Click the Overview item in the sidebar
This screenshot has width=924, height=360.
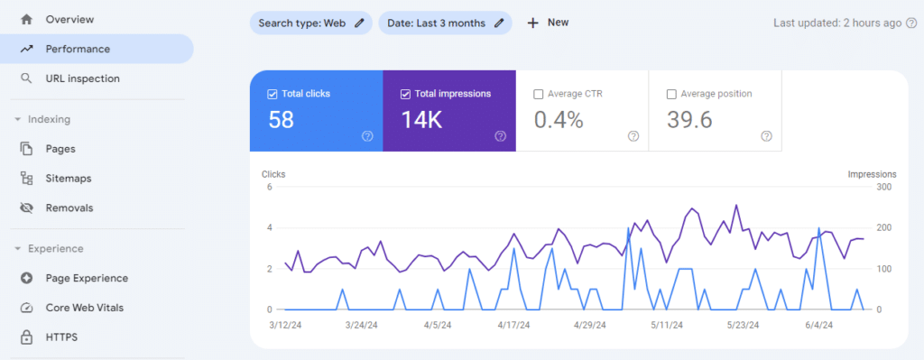tap(69, 19)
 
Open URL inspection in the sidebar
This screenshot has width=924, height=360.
tap(82, 78)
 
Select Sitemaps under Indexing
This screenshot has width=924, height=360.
tap(68, 179)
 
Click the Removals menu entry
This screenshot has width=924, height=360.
tap(69, 208)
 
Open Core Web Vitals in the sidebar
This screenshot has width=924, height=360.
tap(84, 308)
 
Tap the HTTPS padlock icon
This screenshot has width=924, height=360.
tap(27, 337)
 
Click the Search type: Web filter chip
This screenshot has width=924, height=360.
tap(310, 23)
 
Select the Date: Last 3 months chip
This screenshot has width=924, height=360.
tap(444, 23)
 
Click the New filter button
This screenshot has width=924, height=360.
tap(548, 23)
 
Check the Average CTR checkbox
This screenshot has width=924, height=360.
tap(539, 94)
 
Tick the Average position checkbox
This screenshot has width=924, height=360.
tap(671, 94)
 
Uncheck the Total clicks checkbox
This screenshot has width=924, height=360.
tap(273, 94)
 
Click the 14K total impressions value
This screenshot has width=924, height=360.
tap(421, 120)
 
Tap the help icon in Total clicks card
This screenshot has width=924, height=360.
tap(367, 136)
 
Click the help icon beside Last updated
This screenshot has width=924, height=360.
tap(910, 23)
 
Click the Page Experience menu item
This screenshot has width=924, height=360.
tap(87, 278)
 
